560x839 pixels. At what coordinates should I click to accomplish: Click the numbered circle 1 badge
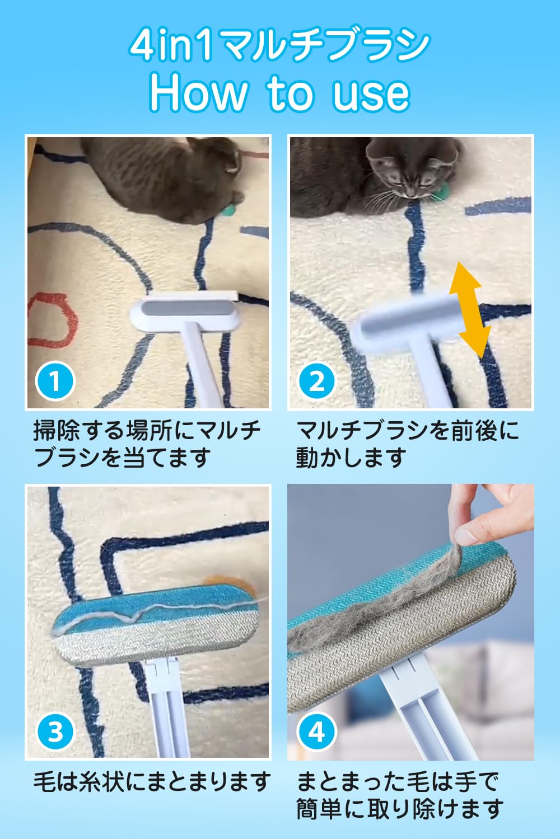[55, 381]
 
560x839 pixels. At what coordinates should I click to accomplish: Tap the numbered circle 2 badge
[317, 381]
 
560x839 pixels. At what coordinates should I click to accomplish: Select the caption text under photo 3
[152, 781]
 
